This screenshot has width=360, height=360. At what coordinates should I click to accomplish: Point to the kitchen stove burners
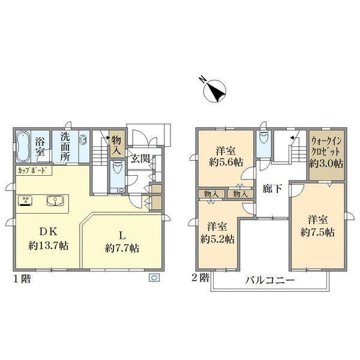click(x=26, y=200)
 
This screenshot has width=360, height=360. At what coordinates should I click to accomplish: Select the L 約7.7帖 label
click(x=122, y=241)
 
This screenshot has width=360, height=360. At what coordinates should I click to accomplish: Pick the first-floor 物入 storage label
click(x=116, y=144)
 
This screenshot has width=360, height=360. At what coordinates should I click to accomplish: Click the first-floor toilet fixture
click(x=117, y=171)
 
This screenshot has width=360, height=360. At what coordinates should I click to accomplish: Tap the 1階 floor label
click(x=20, y=279)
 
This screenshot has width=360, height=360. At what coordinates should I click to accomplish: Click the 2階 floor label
click(x=201, y=278)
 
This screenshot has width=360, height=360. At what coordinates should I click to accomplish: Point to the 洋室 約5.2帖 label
click(x=217, y=232)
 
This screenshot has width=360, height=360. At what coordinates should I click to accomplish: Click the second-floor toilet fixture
click(x=262, y=138)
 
